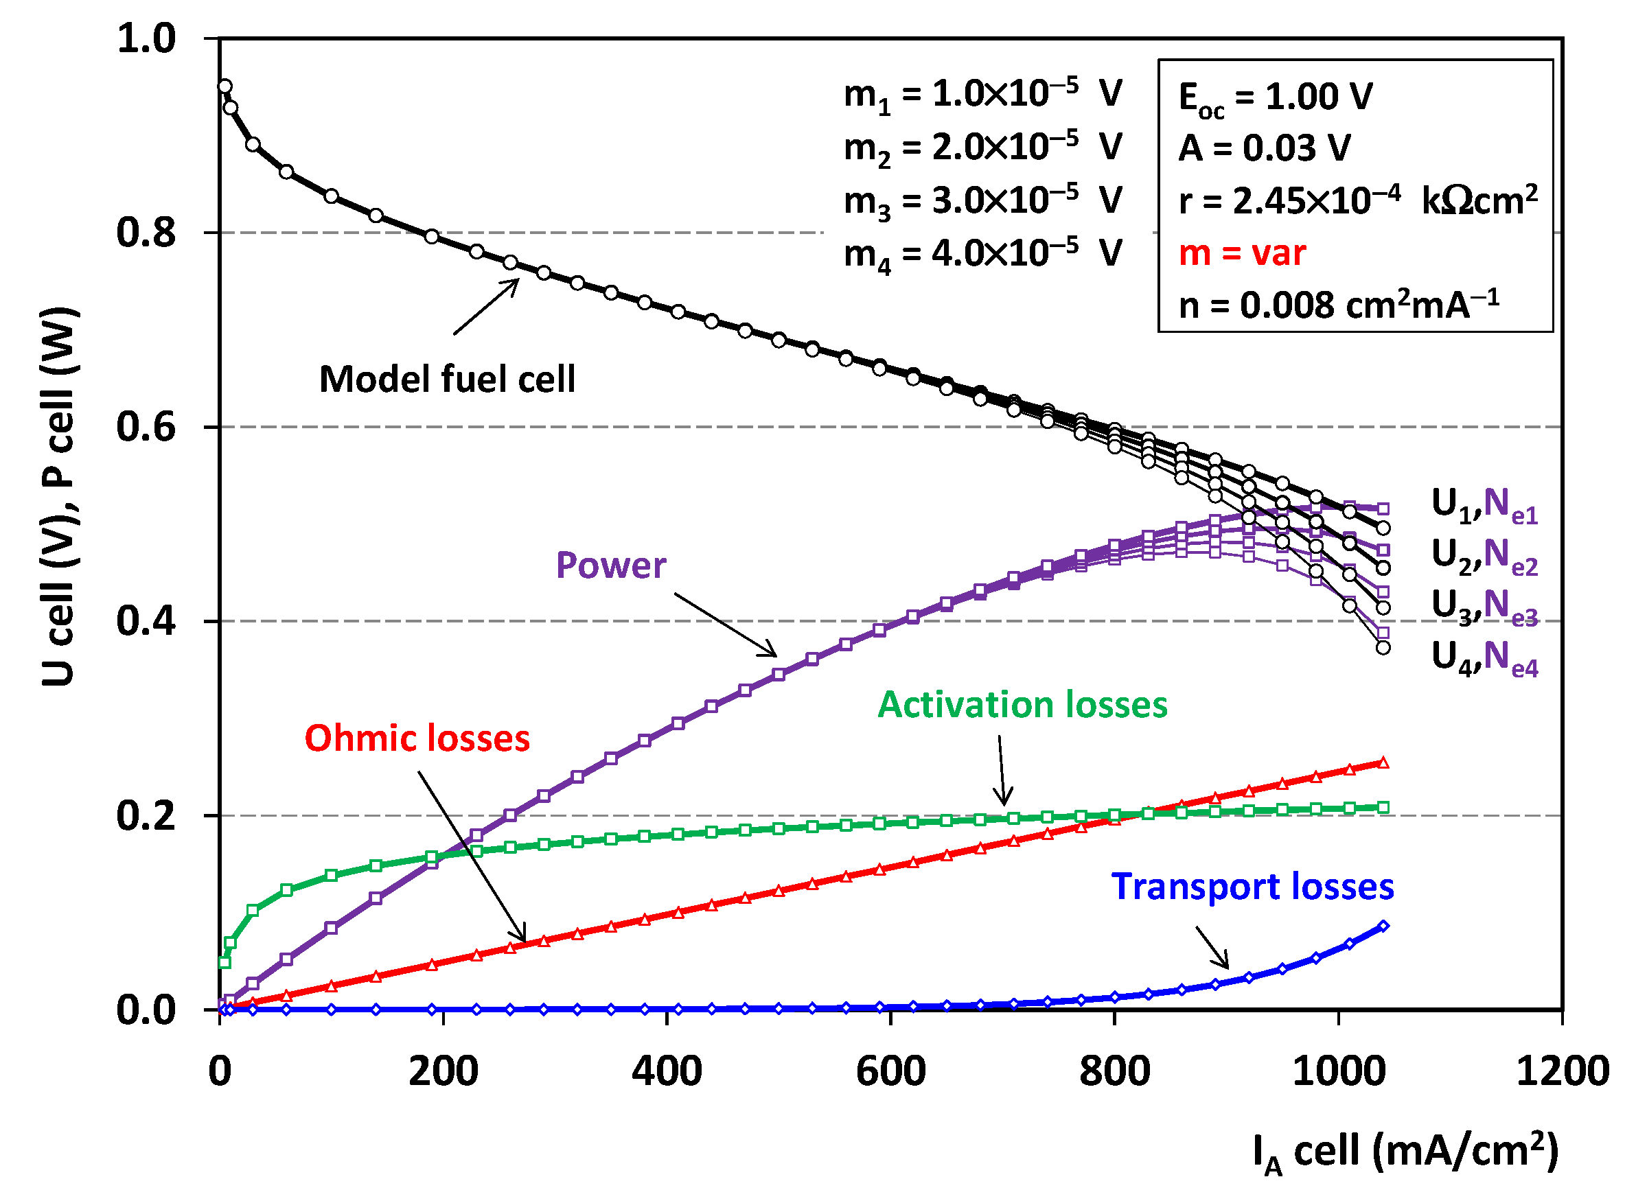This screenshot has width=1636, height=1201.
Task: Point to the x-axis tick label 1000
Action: tap(1339, 1071)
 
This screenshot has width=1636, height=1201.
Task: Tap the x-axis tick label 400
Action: tap(667, 1071)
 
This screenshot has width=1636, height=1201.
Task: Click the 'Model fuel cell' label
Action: tap(447, 380)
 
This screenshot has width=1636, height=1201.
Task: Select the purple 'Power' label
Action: tap(611, 565)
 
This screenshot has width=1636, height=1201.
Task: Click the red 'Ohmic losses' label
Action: tap(417, 738)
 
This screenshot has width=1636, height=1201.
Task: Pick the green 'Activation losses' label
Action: tap(1022, 706)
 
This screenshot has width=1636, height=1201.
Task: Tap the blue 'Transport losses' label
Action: tap(1252, 887)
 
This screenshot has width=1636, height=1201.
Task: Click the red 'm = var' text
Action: tap(1242, 253)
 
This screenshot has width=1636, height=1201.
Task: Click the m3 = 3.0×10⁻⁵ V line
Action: tap(982, 200)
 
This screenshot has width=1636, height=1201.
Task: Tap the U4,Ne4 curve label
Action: tap(1484, 657)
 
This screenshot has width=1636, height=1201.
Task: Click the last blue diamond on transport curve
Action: tap(1383, 926)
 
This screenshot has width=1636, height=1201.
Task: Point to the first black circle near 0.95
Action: tap(225, 86)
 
